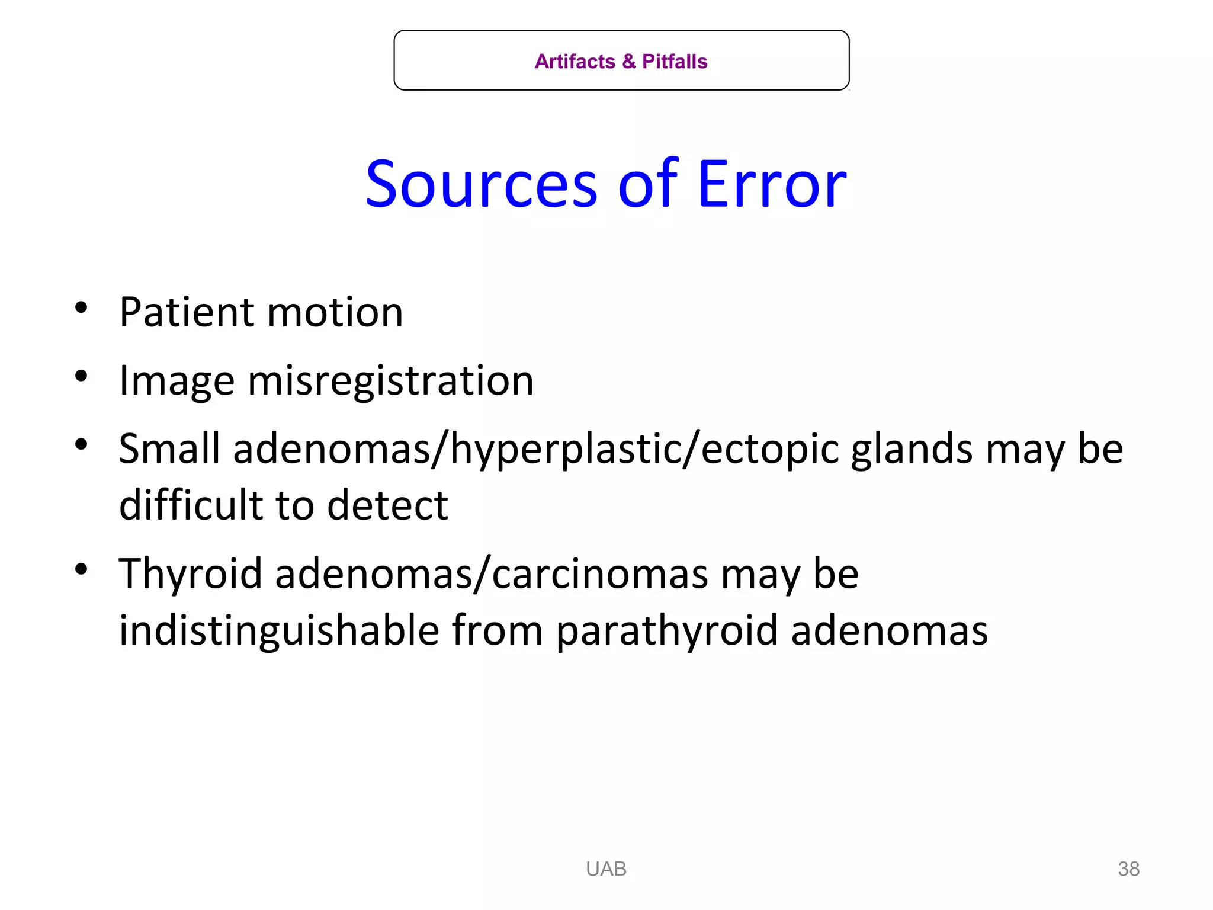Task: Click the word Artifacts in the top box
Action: coord(575,62)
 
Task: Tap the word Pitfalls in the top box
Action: coord(675,62)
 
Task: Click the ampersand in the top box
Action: coord(629,62)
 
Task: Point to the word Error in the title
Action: coord(772,185)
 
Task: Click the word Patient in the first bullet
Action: coord(187,312)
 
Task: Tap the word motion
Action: coord(335,312)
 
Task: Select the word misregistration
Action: coord(390,381)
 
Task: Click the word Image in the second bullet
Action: coord(177,381)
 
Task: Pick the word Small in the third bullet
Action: coord(169,448)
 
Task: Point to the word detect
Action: coord(387,505)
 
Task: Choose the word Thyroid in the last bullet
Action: coord(190,574)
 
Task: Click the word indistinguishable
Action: coord(279,630)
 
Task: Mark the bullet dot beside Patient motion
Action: coord(82,308)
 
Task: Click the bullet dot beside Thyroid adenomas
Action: coord(82,569)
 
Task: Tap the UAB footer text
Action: coord(606,869)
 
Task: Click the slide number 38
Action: coord(1128,869)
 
